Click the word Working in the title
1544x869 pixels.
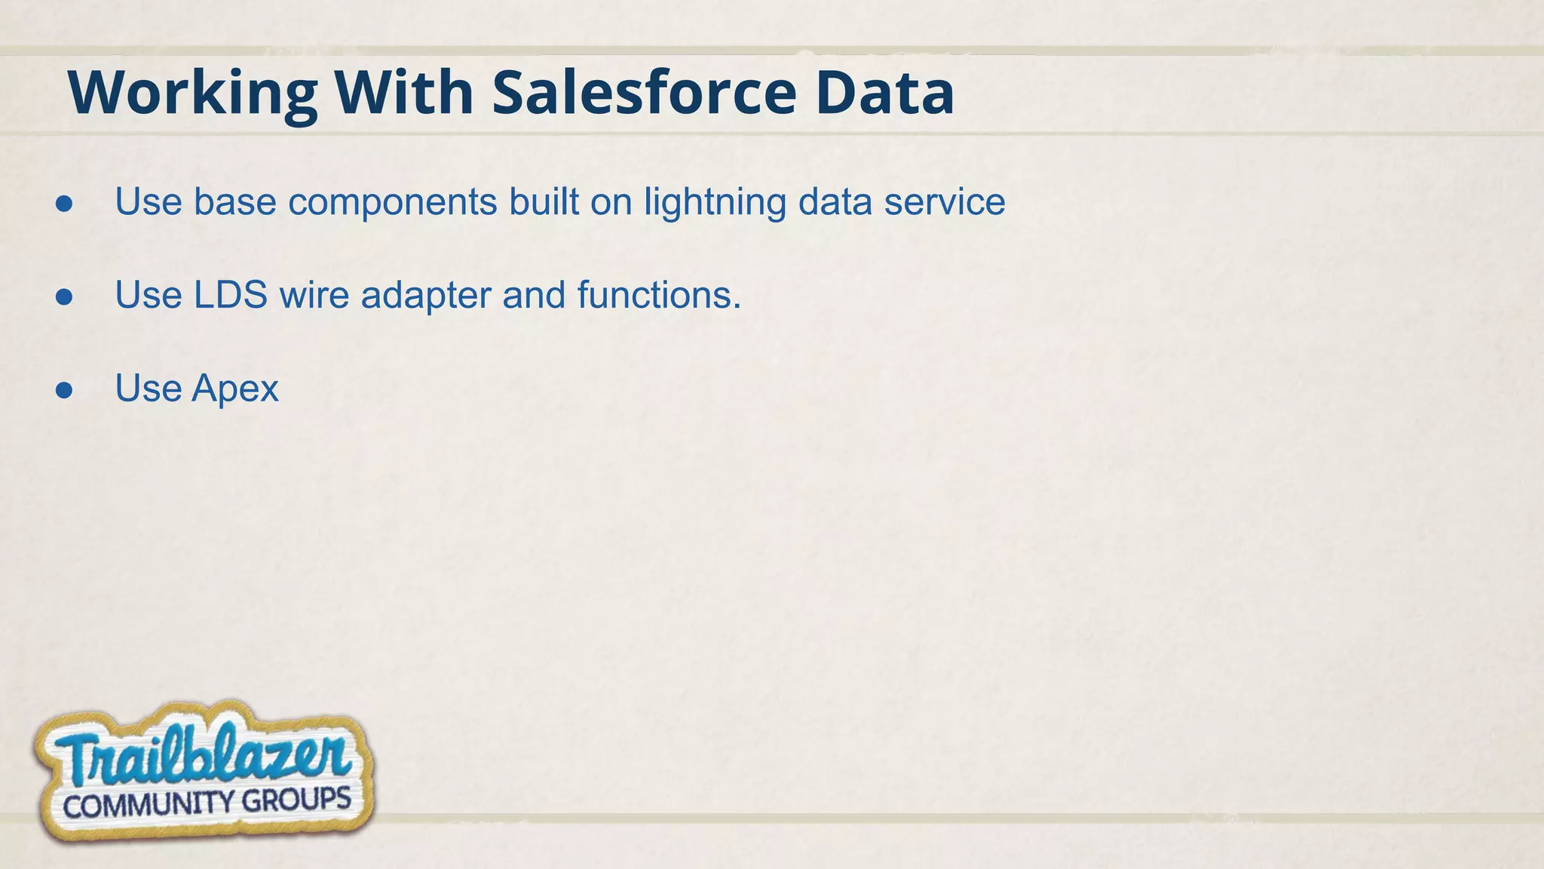192,94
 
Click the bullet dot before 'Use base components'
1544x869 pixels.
64,204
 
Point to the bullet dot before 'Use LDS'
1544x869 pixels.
64,296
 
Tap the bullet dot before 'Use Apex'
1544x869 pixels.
64,390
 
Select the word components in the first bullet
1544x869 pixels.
393,203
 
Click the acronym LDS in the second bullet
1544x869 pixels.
230,295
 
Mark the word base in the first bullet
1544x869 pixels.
234,202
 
